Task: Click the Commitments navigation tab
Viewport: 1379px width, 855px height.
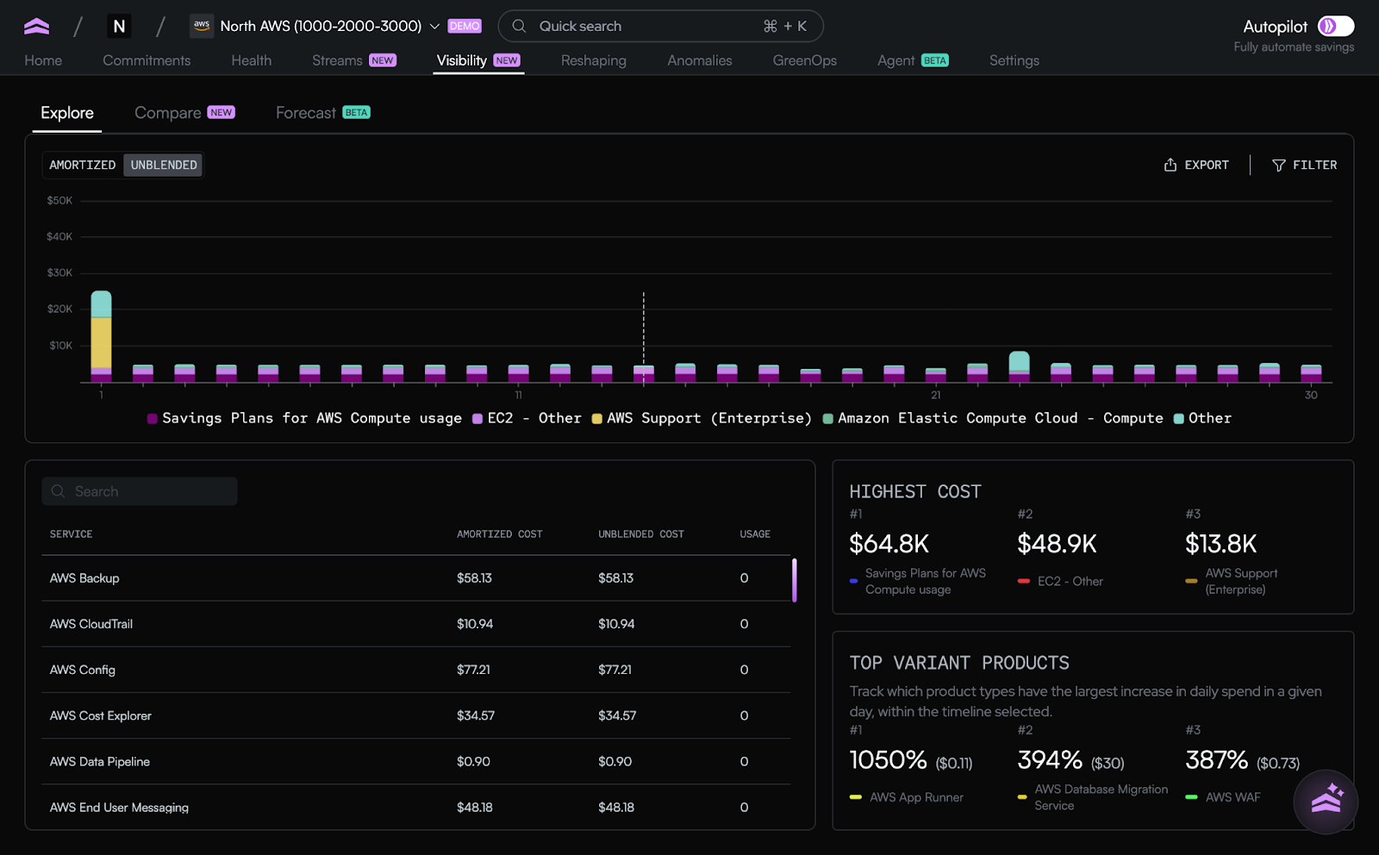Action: pyautogui.click(x=147, y=60)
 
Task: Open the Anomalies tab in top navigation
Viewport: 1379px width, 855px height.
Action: pyautogui.click(x=699, y=60)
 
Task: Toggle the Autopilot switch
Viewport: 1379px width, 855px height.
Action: pyautogui.click(x=1335, y=26)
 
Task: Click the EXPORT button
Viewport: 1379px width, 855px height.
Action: pyautogui.click(x=1196, y=165)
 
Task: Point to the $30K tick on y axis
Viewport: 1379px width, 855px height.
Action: pyautogui.click(x=59, y=272)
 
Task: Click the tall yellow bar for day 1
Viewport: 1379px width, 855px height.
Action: pyautogui.click(x=101, y=343)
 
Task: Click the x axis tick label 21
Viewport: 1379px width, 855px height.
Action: pyautogui.click(x=935, y=395)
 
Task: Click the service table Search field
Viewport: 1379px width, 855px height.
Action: pyautogui.click(x=140, y=491)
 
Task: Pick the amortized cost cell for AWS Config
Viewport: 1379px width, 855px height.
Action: pyautogui.click(x=473, y=670)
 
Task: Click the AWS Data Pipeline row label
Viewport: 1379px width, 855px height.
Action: pyautogui.click(x=100, y=762)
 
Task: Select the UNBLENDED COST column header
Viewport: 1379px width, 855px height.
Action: pyautogui.click(x=640, y=534)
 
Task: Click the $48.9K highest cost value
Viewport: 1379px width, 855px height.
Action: pyautogui.click(x=1057, y=544)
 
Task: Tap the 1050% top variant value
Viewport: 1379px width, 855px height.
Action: pyautogui.click(x=888, y=760)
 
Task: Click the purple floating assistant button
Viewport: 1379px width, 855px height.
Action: pyautogui.click(x=1326, y=802)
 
